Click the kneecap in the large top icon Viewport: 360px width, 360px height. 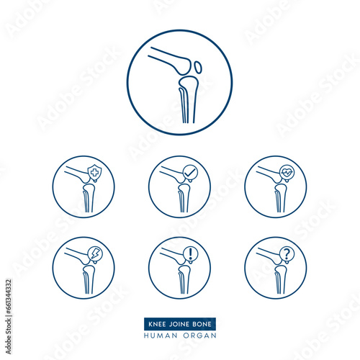pos(198,68)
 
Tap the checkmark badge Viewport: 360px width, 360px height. pos(190,173)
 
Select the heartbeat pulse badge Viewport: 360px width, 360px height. pos(287,173)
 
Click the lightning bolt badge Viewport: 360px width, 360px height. pos(95,254)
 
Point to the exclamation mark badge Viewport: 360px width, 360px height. pos(190,253)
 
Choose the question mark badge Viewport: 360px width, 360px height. pos(287,253)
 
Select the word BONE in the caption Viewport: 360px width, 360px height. pos(202,324)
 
